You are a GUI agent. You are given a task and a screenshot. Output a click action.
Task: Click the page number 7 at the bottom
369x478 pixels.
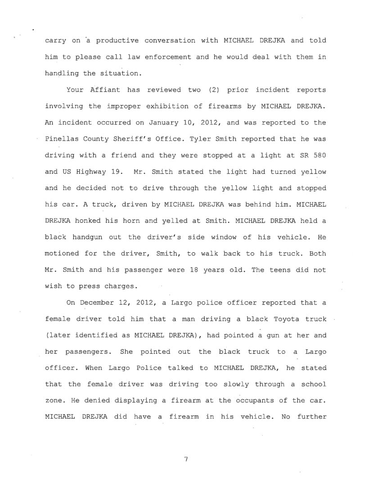click(185, 459)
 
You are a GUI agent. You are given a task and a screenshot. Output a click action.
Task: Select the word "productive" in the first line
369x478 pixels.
click(114, 41)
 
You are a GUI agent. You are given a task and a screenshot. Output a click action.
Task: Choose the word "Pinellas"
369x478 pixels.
click(61, 139)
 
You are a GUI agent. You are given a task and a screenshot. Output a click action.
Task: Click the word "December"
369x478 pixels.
click(98, 303)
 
